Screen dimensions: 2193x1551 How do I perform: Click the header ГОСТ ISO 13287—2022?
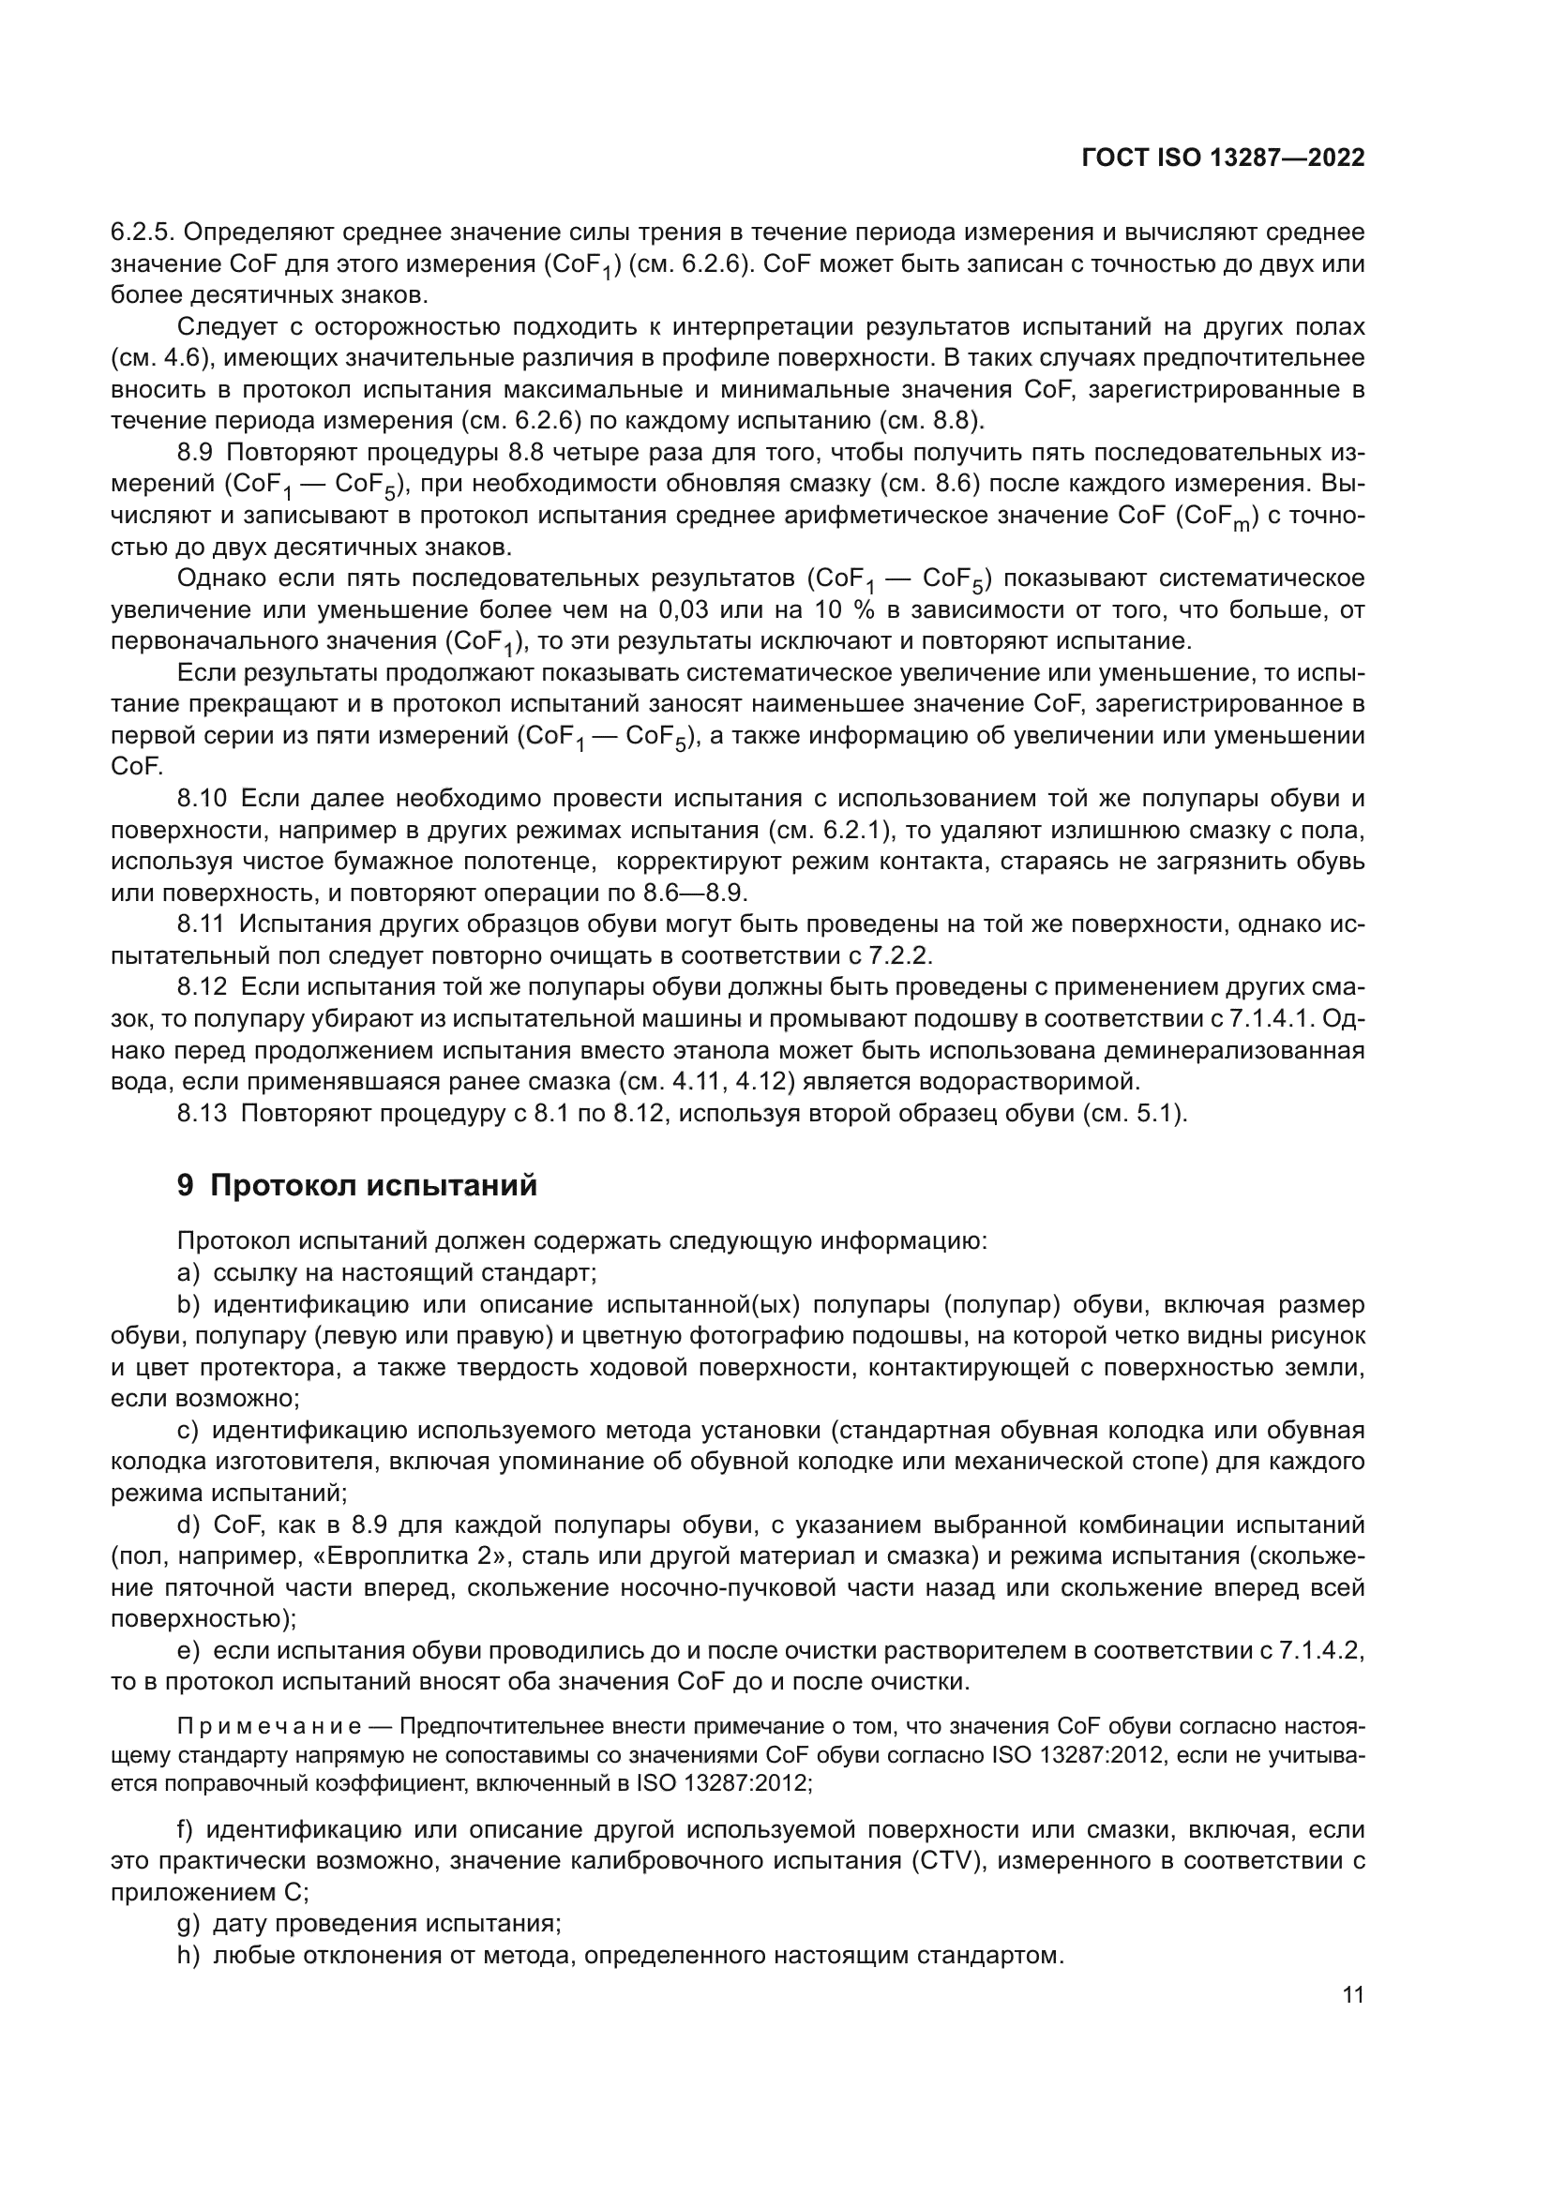[x=1223, y=158]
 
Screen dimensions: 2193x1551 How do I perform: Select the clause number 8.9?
[x=199, y=452]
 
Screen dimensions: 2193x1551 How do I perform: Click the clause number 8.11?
[x=202, y=924]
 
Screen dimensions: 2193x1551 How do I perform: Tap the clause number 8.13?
[x=203, y=1114]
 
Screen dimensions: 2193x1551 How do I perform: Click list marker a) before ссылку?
[x=188, y=1273]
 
